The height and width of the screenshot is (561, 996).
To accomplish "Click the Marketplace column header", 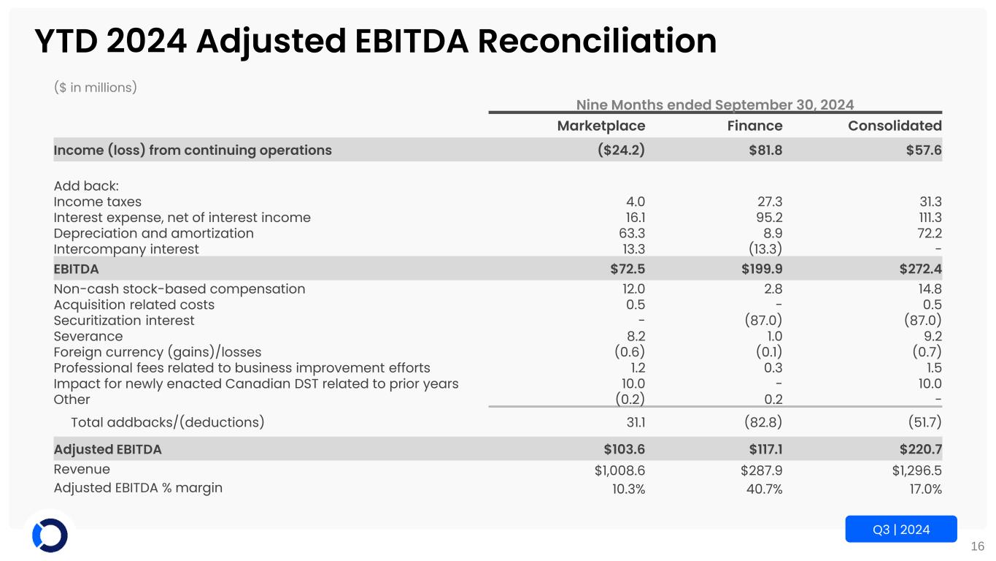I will (x=601, y=126).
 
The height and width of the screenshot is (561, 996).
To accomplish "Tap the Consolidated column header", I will (x=895, y=126).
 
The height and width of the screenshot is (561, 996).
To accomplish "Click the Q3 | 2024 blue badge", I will (x=900, y=530).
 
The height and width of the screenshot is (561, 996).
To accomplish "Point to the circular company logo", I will (x=50, y=535).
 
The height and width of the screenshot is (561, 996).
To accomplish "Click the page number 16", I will (x=978, y=546).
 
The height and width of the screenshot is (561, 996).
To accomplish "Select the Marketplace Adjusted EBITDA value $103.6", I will (x=620, y=449).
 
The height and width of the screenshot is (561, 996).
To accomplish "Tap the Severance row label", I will (x=88, y=337).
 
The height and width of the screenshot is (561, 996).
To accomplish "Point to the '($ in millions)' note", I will (x=96, y=88).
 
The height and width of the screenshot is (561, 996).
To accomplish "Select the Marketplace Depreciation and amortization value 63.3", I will (x=631, y=234).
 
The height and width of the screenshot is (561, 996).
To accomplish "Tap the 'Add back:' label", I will (x=86, y=186).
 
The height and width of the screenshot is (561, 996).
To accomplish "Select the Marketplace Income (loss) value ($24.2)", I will (x=619, y=150).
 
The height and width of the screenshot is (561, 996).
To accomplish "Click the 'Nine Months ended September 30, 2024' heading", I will (x=715, y=104).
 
